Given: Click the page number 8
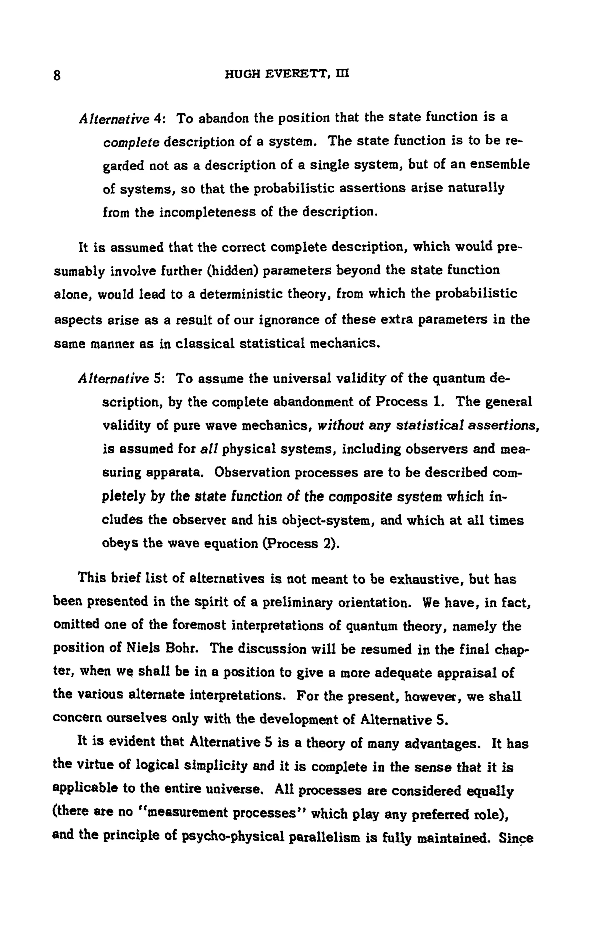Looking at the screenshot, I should pyautogui.click(x=57, y=75).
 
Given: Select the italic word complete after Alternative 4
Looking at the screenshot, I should pyautogui.click(x=131, y=142).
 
